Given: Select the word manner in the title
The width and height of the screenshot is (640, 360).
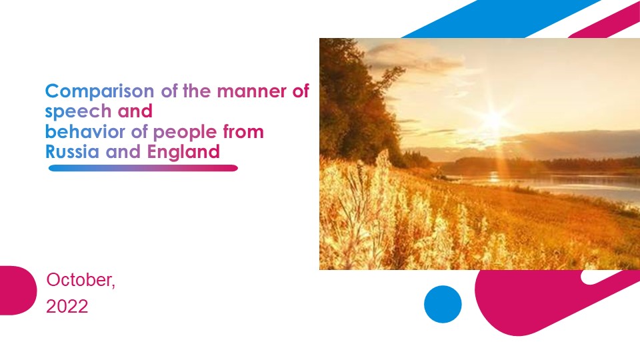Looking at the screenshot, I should (x=253, y=91).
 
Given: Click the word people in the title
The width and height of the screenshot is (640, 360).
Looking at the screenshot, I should (x=179, y=131).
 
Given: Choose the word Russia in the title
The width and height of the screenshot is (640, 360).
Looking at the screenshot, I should (x=72, y=151).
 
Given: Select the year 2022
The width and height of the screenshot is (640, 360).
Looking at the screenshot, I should (x=67, y=307).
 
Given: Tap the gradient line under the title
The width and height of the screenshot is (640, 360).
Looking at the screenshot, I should (x=143, y=168).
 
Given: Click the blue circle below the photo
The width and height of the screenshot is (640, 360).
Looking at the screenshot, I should (x=443, y=304).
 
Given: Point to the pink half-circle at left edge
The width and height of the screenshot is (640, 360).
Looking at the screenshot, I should (x=16, y=290).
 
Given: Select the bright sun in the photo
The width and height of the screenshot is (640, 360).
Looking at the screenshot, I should (x=493, y=120).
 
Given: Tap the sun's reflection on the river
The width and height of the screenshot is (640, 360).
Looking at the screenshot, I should (x=495, y=177).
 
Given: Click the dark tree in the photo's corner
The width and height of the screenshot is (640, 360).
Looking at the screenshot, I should (x=347, y=87).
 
